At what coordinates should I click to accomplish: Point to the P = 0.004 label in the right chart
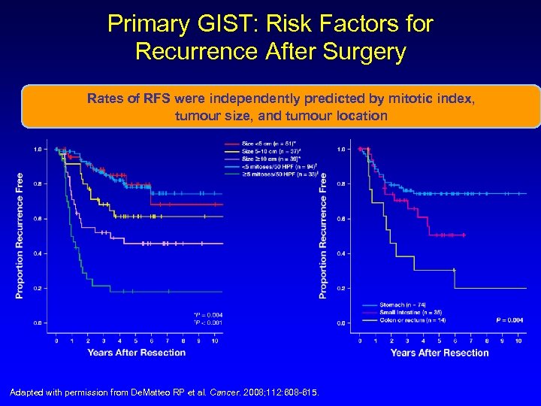click(509, 320)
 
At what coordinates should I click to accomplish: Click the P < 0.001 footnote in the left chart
click(208, 323)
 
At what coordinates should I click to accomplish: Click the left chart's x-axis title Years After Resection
click(136, 352)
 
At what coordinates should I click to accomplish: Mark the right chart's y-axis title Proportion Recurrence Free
click(324, 235)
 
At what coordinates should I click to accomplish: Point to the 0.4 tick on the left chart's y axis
click(37, 253)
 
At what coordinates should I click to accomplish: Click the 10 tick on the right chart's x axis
click(518, 341)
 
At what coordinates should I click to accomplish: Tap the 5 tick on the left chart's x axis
click(136, 341)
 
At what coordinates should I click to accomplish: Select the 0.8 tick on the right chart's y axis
click(340, 184)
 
